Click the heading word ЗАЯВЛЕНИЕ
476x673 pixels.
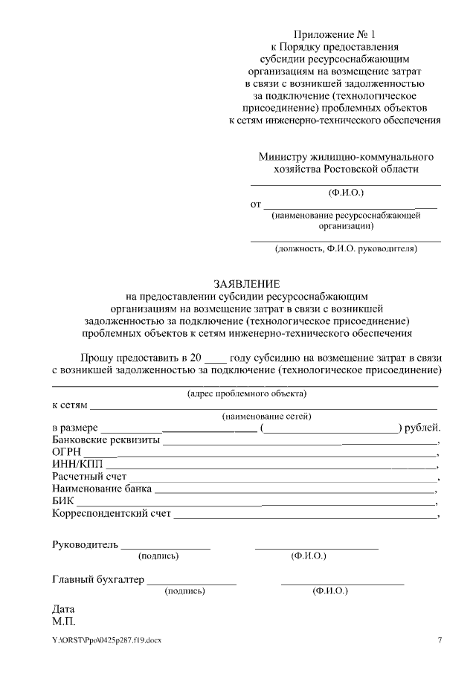click(247, 284)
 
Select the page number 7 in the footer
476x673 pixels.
click(439, 640)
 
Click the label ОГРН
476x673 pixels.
click(66, 452)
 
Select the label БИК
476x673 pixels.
click(63, 502)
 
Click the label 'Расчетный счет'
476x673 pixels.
click(89, 477)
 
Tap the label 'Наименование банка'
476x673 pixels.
click(102, 489)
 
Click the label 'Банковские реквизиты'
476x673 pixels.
click(106, 439)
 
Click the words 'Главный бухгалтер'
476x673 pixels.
click(98, 579)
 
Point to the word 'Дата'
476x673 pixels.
click(64, 609)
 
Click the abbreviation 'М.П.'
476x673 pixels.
click(64, 621)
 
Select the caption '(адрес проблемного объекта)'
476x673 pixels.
click(246, 393)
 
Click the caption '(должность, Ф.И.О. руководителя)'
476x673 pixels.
click(346, 248)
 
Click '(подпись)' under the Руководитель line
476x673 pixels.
click(158, 556)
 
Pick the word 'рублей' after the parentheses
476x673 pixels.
click(422, 428)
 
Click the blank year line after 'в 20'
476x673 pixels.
click(214, 358)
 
